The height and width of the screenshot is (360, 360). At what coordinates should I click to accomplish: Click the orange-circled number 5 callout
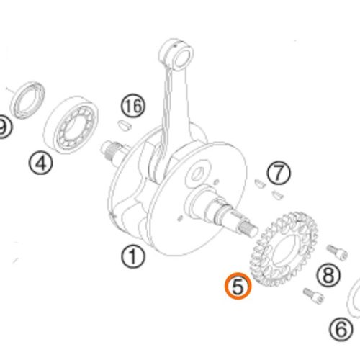pyautogui.click(x=238, y=286)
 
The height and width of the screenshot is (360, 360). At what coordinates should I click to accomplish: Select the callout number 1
pyautogui.click(x=133, y=256)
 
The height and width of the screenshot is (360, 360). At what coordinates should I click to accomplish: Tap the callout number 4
pyautogui.click(x=41, y=163)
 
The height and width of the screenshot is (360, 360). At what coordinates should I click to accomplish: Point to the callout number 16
pyautogui.click(x=133, y=105)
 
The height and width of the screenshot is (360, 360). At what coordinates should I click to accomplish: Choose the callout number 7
pyautogui.click(x=279, y=173)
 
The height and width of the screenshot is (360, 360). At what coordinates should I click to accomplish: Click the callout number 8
pyautogui.click(x=328, y=274)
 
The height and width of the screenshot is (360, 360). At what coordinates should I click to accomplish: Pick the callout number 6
pyautogui.click(x=341, y=329)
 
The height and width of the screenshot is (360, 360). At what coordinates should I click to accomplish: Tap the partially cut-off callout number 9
pyautogui.click(x=3, y=127)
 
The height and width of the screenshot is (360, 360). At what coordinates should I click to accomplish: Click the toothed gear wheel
pyautogui.click(x=284, y=250)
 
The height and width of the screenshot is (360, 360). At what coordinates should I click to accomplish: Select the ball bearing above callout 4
pyautogui.click(x=71, y=125)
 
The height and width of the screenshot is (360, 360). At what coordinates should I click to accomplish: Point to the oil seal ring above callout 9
pyautogui.click(x=28, y=100)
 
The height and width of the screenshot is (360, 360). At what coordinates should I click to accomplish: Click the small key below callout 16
pyautogui.click(x=125, y=126)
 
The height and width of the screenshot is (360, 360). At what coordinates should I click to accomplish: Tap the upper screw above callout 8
pyautogui.click(x=337, y=252)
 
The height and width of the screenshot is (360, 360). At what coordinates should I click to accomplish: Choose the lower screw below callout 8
pyautogui.click(x=314, y=296)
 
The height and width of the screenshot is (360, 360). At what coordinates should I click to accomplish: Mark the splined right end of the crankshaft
pyautogui.click(x=248, y=229)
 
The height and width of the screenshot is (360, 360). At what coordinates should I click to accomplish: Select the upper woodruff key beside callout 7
pyautogui.click(x=260, y=183)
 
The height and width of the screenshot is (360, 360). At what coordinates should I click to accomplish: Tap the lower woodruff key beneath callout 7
pyautogui.click(x=278, y=195)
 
